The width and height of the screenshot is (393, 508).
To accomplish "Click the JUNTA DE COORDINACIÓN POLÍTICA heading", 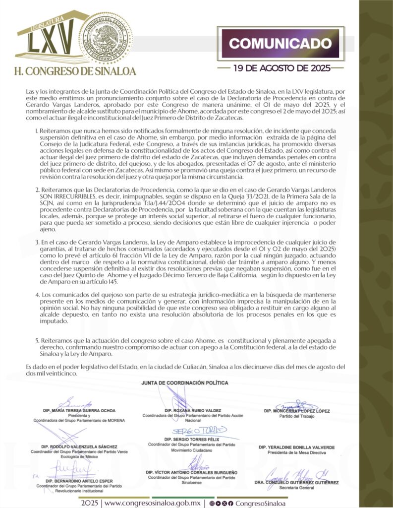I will click(185, 383).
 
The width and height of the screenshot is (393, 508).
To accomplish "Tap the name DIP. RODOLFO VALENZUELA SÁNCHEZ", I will click(79, 446).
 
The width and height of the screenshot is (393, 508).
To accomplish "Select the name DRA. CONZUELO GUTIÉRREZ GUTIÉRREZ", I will click(302, 482).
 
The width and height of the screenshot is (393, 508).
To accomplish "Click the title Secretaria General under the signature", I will click(302, 488).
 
